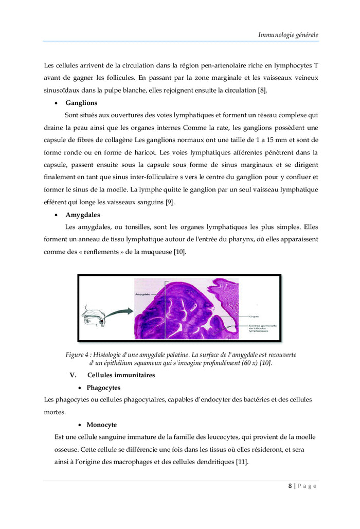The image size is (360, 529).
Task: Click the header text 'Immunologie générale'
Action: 288,34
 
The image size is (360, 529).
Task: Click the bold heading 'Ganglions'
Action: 81,103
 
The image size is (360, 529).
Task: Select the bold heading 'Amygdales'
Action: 83,214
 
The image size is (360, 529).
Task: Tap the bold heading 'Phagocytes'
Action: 103,387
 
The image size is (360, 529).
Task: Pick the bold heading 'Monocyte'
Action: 101,425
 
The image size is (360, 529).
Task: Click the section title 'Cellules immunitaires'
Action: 121,375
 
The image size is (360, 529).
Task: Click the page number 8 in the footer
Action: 290,486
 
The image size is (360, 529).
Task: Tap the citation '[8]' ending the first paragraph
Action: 262,91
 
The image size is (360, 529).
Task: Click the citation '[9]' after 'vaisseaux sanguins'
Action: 170,202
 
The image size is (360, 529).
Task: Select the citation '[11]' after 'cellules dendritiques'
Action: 242,462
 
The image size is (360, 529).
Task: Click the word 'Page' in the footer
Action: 308,486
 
